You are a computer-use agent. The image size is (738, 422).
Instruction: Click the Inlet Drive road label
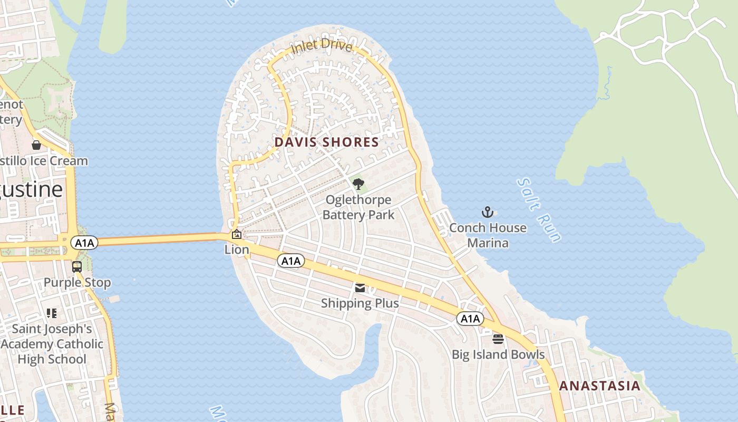322,46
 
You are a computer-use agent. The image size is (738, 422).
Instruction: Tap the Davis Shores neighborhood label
326,142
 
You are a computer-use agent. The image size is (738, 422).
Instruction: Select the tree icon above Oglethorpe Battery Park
358,184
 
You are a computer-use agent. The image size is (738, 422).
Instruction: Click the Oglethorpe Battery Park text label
358,207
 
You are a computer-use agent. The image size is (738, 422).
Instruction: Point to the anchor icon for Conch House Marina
488,213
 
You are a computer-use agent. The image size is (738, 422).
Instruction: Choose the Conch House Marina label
488,235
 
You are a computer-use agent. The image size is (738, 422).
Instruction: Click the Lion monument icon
237,235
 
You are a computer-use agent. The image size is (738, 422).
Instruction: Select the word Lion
237,250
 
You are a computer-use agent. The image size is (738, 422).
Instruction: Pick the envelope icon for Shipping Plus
360,288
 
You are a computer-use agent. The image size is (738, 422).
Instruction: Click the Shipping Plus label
360,303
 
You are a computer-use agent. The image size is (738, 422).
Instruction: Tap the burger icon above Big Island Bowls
498,339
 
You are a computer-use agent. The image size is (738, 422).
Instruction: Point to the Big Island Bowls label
498,354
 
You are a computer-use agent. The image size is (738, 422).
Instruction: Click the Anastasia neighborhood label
599,386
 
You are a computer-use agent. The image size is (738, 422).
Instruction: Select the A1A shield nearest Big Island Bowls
470,319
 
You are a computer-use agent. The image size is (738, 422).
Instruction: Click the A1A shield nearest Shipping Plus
291,261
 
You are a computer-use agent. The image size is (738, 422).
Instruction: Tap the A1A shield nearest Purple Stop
84,243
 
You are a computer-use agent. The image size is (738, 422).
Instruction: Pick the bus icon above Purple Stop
77,267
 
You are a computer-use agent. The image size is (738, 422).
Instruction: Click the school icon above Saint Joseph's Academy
52,313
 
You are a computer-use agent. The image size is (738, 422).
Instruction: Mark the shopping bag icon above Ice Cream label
36,145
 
